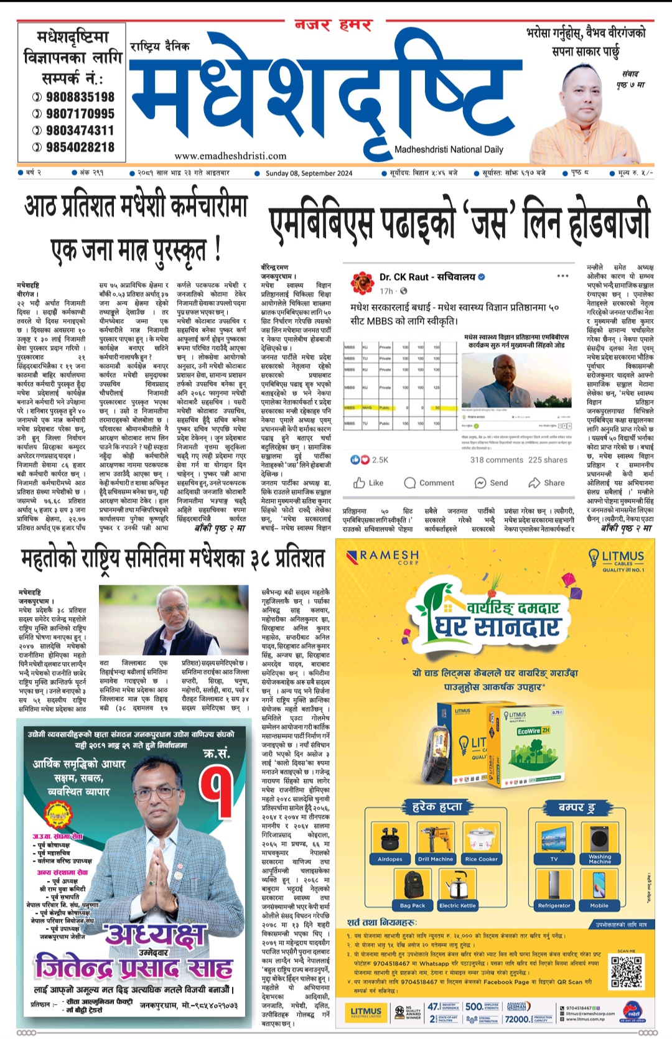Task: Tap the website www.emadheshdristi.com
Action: (x=230, y=156)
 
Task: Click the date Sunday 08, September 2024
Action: (x=309, y=174)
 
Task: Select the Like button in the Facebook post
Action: (x=368, y=483)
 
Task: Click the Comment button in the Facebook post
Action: (x=429, y=483)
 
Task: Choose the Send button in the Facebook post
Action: (x=492, y=483)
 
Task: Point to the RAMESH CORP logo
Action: (x=383, y=556)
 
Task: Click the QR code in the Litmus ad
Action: (x=626, y=972)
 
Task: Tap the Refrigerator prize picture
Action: (x=554, y=885)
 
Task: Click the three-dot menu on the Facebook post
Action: (x=563, y=276)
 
